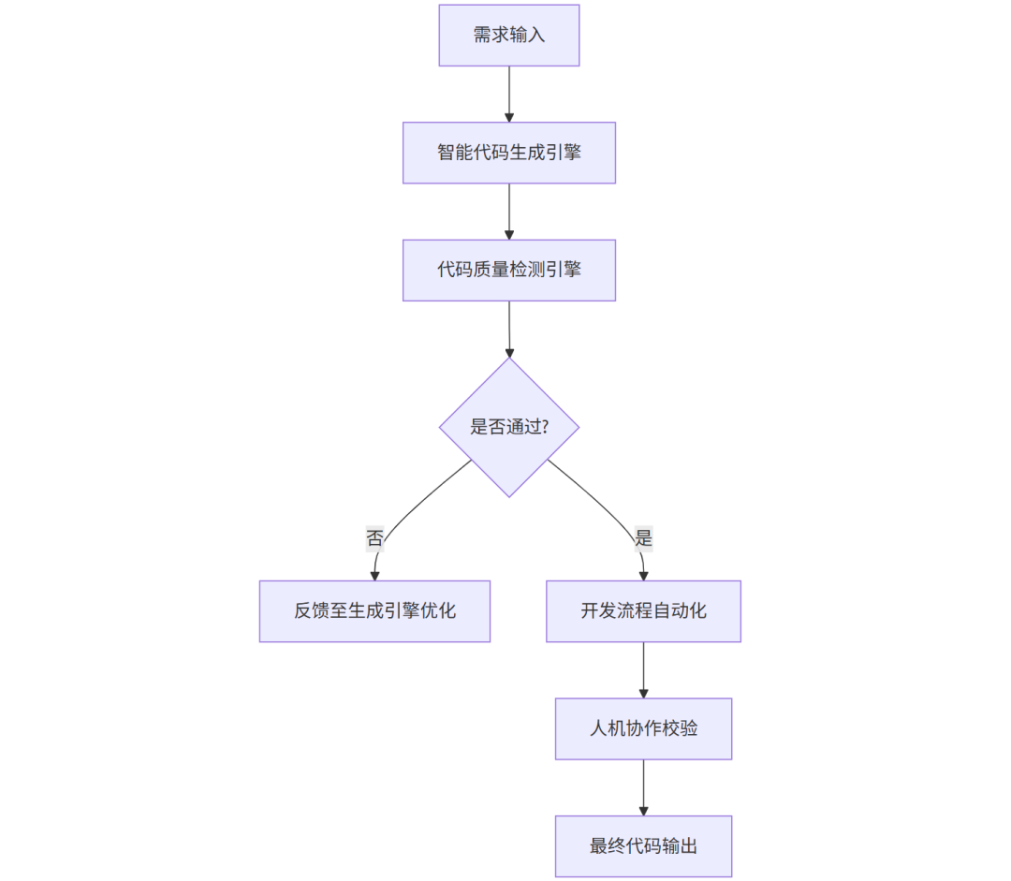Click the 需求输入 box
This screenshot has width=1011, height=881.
pyautogui.click(x=509, y=36)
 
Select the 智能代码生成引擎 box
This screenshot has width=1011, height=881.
pyautogui.click(x=509, y=153)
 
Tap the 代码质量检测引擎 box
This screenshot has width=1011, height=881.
pyautogui.click(x=509, y=270)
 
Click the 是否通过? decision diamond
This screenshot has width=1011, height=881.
pyautogui.click(x=509, y=427)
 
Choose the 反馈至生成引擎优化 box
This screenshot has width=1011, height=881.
pyautogui.click(x=374, y=611)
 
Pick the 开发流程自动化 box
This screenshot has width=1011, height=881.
pyautogui.click(x=643, y=611)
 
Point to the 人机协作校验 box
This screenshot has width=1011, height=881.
pyautogui.click(x=643, y=728)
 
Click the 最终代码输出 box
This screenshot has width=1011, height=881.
pyautogui.click(x=643, y=846)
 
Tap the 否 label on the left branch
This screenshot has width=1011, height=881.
pyautogui.click(x=374, y=538)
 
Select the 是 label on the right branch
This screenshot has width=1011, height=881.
pyautogui.click(x=643, y=538)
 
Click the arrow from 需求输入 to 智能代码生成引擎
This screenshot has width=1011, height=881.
pyautogui.click(x=509, y=94)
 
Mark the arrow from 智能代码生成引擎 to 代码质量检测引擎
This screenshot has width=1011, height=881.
pyautogui.click(x=509, y=211)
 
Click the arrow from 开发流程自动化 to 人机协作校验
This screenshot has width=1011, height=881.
pyautogui.click(x=643, y=669)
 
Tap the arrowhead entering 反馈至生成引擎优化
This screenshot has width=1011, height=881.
pyautogui.click(x=374, y=574)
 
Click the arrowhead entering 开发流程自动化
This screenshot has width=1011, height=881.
pyautogui.click(x=643, y=574)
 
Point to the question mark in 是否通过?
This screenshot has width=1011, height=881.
pyautogui.click(x=545, y=428)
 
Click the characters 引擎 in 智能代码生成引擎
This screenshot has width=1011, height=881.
pyautogui.click(x=564, y=153)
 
